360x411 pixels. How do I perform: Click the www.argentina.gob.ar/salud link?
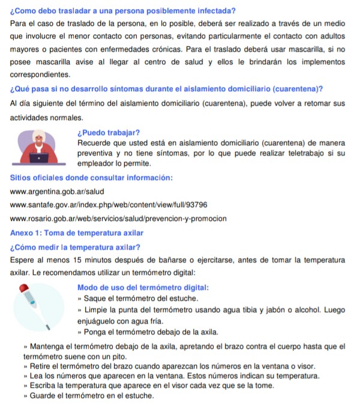pos(58,191)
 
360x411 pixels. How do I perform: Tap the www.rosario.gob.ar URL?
pos(119,218)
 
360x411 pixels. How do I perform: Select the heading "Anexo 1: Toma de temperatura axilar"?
pos(77,232)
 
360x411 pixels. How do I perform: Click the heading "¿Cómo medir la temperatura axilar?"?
pos(76,247)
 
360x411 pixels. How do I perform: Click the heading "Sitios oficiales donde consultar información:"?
pos(92,178)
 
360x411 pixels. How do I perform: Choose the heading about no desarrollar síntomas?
pos(167,89)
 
